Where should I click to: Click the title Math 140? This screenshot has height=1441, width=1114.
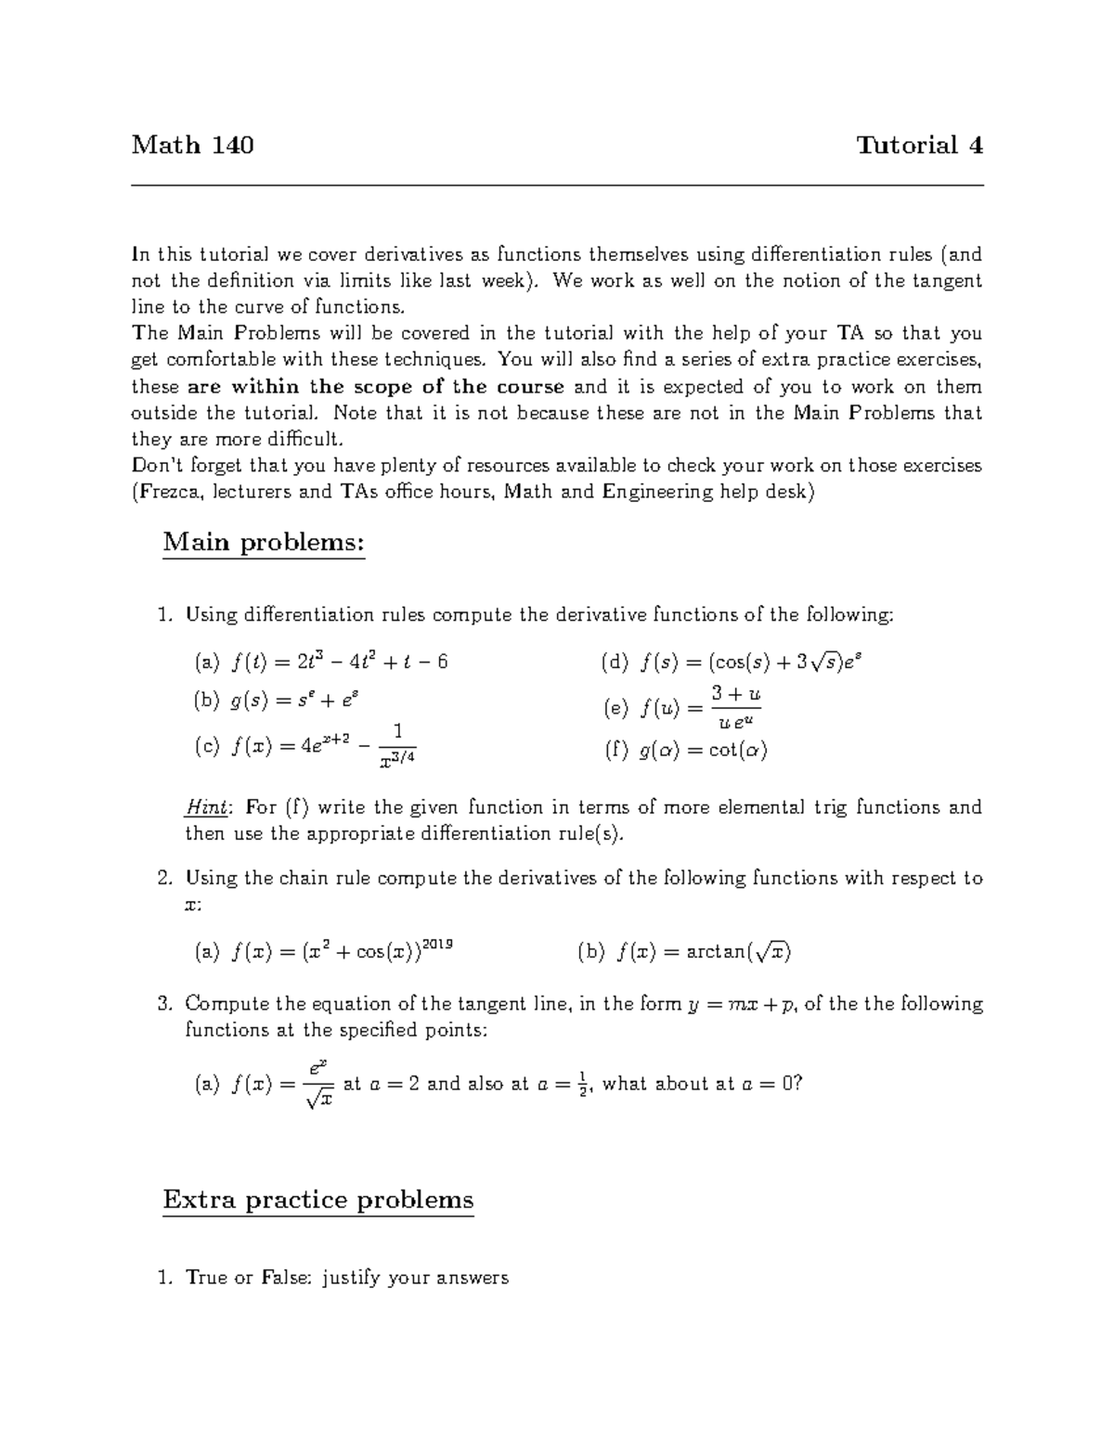click(192, 146)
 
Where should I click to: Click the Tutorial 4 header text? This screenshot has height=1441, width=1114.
click(919, 146)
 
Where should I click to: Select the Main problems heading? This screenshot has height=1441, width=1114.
click(264, 542)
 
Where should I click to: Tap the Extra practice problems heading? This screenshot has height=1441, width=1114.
click(317, 1200)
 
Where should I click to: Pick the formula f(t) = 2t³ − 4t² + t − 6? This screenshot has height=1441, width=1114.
click(340, 662)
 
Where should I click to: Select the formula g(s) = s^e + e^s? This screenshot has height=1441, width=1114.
click(304, 701)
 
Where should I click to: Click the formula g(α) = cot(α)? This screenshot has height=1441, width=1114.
click(704, 751)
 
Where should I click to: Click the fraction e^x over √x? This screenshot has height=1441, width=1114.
click(318, 1084)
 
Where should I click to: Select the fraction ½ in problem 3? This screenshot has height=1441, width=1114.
click(582, 1083)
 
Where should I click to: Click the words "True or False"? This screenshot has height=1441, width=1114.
click(247, 1278)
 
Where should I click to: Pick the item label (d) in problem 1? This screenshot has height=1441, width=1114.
click(615, 662)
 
